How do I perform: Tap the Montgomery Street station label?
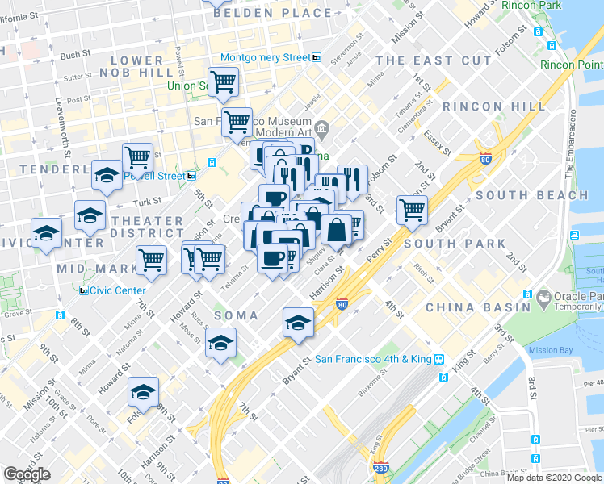coord(265,58)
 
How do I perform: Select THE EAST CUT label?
coord(433,60)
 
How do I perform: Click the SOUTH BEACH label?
coord(531,195)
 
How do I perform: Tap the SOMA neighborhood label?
coord(237,315)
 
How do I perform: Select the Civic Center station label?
coord(118,290)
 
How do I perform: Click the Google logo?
coord(27,474)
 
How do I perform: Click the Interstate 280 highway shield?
coord(380,468)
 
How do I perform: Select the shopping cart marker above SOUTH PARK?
coord(412,210)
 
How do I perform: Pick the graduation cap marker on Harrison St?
coord(298,322)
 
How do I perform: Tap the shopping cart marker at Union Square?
coord(225,81)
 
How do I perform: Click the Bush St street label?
coord(75,55)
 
